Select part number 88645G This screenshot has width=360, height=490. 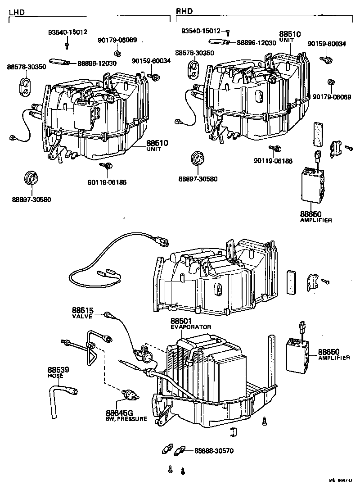[x=119, y=413]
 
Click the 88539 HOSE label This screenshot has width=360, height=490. [x=58, y=372]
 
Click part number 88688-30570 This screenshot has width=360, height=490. [x=214, y=450]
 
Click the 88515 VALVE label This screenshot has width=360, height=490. [x=82, y=313]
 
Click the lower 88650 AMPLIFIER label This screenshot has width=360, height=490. [x=333, y=354]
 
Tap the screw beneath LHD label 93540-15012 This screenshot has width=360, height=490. [x=67, y=45]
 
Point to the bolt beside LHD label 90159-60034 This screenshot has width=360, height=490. [x=156, y=77]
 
